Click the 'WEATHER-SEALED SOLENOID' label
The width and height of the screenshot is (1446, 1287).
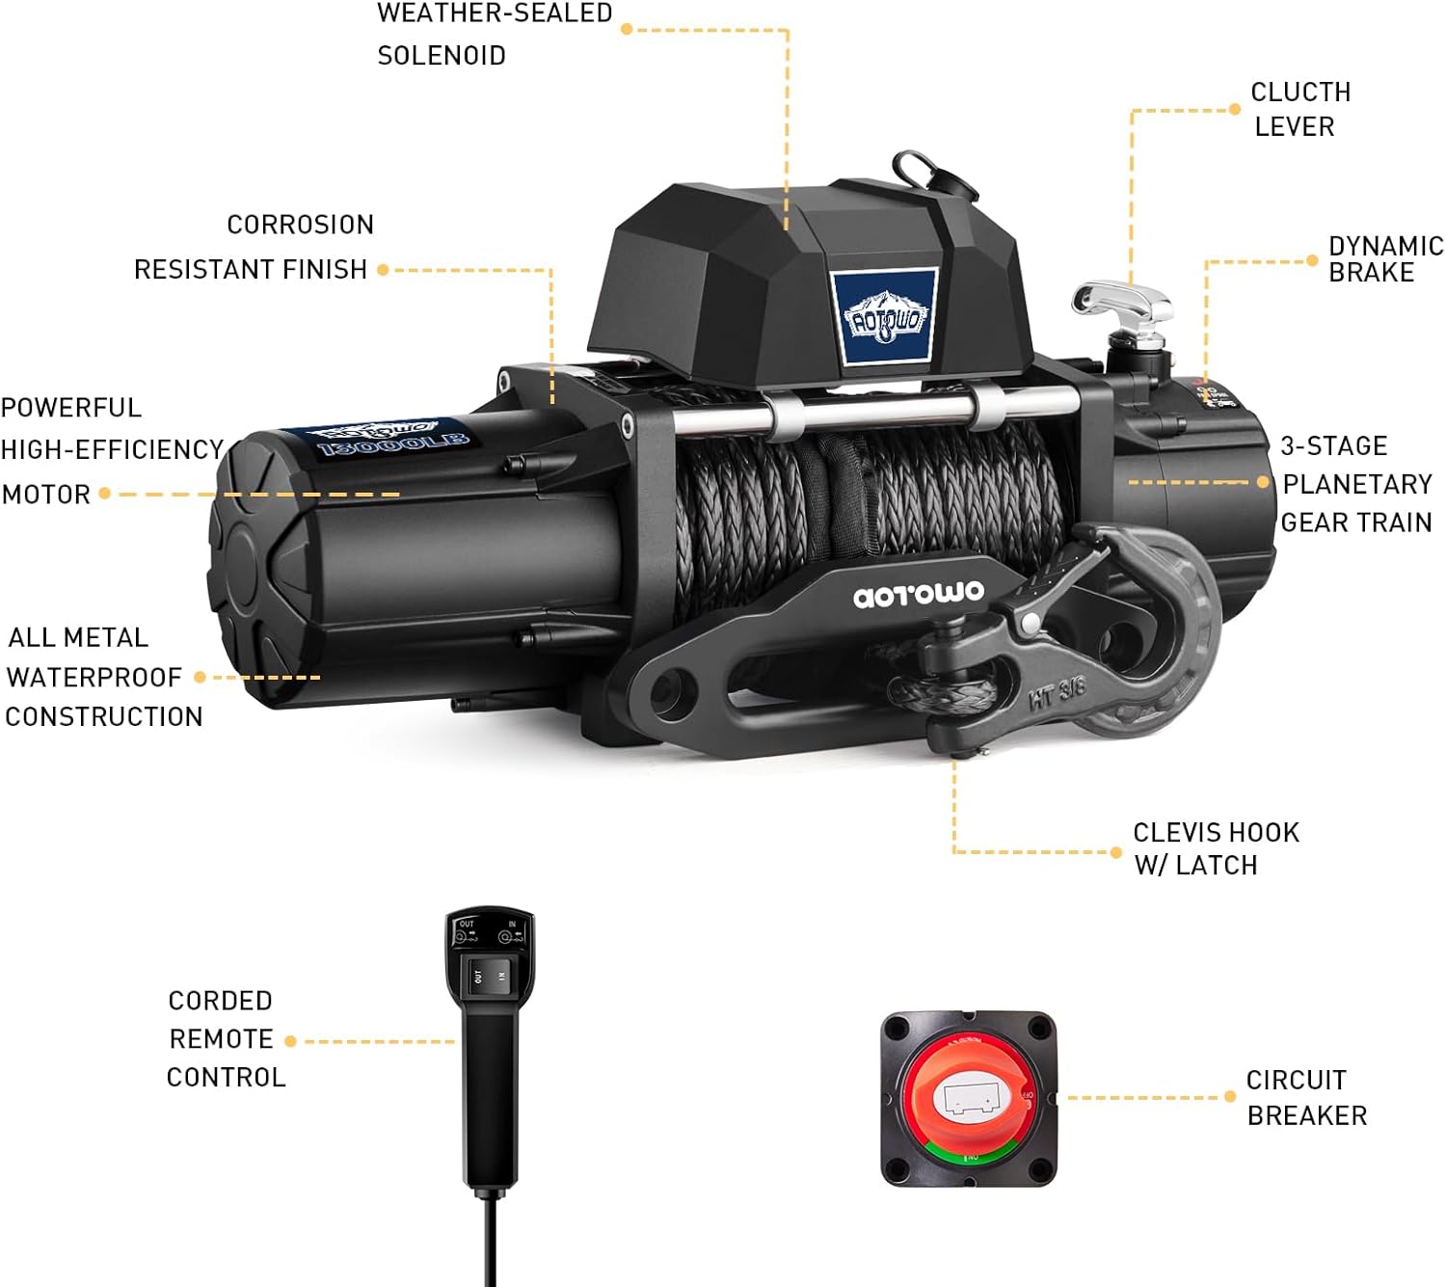tap(494, 34)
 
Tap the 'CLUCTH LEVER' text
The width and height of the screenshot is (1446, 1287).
tap(1299, 109)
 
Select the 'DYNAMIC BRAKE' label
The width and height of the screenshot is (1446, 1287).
tap(1385, 259)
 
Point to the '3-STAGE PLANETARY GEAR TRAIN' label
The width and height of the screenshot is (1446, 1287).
tap(1354, 484)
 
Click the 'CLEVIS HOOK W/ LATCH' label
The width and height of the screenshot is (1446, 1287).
tap(1215, 848)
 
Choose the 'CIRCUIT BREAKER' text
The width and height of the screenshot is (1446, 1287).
tap(1306, 1097)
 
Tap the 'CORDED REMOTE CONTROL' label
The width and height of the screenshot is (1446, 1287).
tap(225, 1039)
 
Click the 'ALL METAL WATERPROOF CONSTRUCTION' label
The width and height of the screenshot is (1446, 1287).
tap(102, 677)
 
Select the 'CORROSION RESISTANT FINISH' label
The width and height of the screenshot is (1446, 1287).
tap(253, 247)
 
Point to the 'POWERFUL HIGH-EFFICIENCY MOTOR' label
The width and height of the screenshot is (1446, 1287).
tap(111, 450)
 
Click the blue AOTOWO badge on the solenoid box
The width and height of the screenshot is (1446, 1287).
tap(884, 317)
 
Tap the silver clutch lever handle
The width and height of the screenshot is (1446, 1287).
tap(1120, 302)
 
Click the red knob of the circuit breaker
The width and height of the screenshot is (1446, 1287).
tap(969, 1097)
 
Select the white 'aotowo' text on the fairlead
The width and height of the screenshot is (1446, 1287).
tap(919, 594)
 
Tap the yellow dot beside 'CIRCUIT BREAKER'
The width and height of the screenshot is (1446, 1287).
tap(1230, 1097)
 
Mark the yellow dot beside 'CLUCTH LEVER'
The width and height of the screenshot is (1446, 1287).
tap(1235, 110)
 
